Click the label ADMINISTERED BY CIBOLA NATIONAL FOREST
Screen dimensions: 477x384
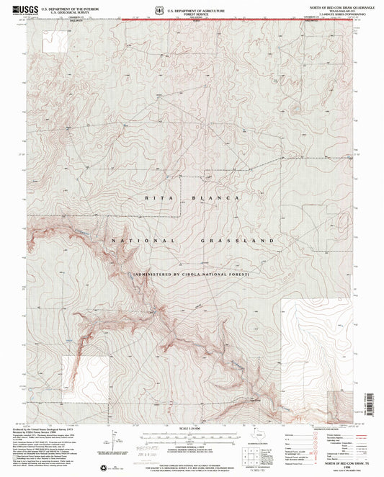(x=191, y=275)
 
